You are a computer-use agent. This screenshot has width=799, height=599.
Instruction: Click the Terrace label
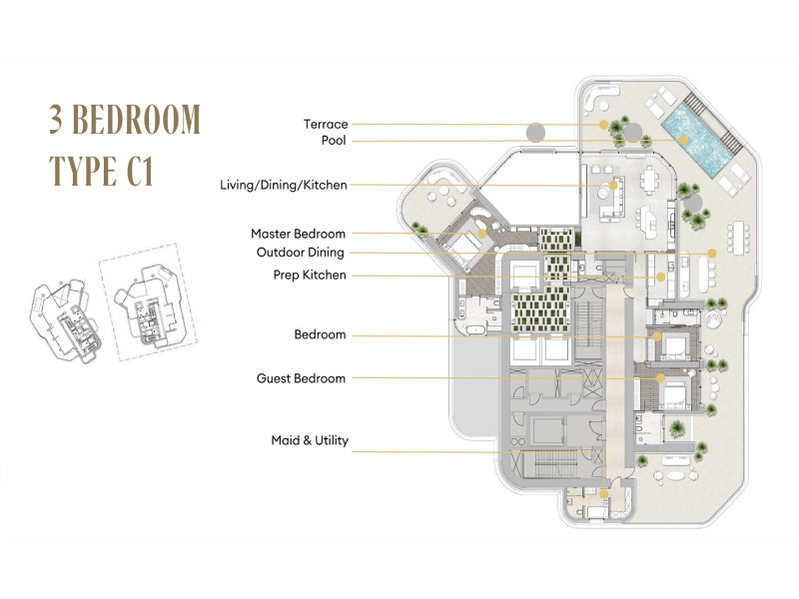click(x=326, y=124)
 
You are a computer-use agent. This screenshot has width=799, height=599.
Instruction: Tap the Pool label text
click(x=334, y=141)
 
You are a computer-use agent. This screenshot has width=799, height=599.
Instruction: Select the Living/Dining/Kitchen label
click(x=284, y=185)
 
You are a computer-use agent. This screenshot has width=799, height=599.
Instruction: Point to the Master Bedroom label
click(x=298, y=234)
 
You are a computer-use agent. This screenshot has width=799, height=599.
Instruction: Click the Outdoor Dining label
click(x=301, y=253)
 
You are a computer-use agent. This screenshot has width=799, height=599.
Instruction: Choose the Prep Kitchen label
click(x=310, y=276)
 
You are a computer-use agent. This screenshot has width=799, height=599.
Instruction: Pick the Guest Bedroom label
click(x=302, y=378)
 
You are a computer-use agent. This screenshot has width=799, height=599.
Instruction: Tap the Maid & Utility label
click(x=310, y=440)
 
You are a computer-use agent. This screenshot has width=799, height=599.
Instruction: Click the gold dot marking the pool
click(x=683, y=140)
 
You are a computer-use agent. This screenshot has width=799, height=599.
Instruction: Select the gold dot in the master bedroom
click(x=481, y=234)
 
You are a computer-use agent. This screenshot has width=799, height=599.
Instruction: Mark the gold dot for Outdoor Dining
click(x=712, y=253)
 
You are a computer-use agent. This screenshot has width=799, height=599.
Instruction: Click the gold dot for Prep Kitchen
click(x=660, y=278)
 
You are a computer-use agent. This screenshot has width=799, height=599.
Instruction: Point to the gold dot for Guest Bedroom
click(x=660, y=378)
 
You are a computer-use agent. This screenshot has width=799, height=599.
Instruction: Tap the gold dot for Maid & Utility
click(x=604, y=493)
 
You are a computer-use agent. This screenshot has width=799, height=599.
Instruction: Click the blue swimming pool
click(x=696, y=139)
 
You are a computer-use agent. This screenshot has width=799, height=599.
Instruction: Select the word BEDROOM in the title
click(x=137, y=119)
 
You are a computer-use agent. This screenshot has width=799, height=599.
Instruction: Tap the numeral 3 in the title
click(x=56, y=119)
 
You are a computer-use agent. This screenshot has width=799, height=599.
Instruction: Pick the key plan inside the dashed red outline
click(x=148, y=303)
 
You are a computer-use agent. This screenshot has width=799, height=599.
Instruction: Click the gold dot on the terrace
click(x=603, y=124)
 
